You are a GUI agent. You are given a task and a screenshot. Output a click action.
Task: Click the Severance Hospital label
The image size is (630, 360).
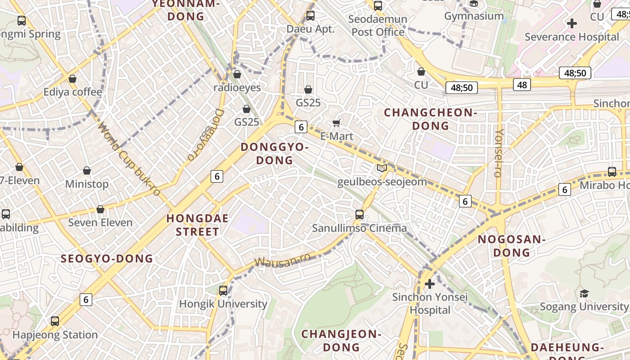pyautogui.click(x=572, y=37)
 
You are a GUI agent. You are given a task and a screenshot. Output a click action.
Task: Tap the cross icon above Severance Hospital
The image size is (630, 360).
pyautogui.click(x=572, y=23)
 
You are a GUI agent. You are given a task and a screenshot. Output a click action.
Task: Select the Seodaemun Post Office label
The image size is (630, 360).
pyautogui.click(x=378, y=26)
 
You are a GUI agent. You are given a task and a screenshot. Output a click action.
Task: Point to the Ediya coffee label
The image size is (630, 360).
pyautogui.click(x=72, y=92)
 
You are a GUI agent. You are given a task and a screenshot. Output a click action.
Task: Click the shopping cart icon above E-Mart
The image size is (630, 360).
pyautogui.click(x=336, y=123)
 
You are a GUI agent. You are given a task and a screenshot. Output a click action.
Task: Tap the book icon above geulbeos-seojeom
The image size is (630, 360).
pyautogui.click(x=382, y=168)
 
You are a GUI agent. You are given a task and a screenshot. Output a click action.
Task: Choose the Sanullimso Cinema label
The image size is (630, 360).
pyautogui.click(x=360, y=228)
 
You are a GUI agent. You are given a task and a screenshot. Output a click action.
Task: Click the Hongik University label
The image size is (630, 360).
pyautogui.click(x=223, y=304)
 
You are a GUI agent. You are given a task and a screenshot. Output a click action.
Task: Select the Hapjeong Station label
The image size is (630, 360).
pyautogui.click(x=55, y=335)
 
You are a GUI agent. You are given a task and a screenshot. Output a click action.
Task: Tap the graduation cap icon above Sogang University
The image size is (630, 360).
pyautogui.click(x=584, y=293)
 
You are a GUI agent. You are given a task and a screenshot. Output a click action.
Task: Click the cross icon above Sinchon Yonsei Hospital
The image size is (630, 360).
pyautogui.click(x=430, y=284)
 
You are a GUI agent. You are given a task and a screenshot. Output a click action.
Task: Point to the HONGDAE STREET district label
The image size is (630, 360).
pyautogui.click(x=198, y=225)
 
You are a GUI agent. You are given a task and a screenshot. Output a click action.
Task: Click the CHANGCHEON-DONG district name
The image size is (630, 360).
pyautogui.click(x=431, y=119)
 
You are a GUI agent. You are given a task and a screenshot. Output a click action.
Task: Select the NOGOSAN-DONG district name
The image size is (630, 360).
pyautogui.click(x=512, y=246)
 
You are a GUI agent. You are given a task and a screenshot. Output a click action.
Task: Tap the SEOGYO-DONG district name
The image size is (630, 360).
pyautogui.click(x=107, y=259)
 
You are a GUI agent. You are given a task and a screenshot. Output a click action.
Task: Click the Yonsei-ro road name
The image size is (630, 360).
pyautogui.click(x=498, y=153)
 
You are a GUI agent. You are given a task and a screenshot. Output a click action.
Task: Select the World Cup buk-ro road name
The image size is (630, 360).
pyautogui.click(x=129, y=159)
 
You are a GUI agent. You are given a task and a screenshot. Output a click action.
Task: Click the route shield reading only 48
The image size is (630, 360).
pyautogui.click(x=522, y=85)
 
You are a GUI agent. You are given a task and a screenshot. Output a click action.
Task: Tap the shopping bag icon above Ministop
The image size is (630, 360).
pyautogui.click(x=87, y=171)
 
